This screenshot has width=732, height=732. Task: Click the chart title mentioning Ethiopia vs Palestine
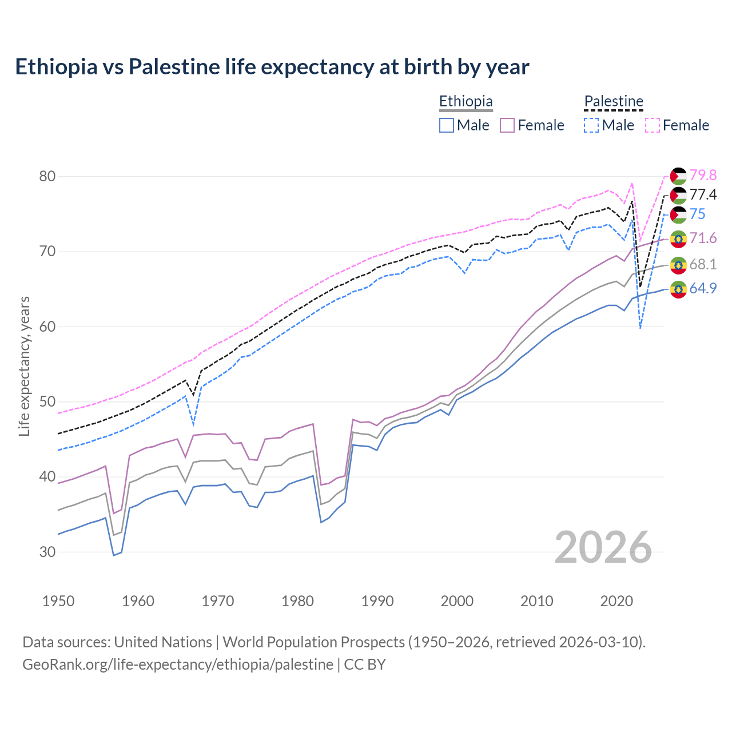click(x=272, y=67)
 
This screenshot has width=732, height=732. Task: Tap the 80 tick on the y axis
click(x=47, y=176)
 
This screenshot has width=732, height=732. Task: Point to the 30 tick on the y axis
click(x=47, y=552)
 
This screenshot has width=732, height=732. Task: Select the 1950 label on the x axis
click(x=58, y=601)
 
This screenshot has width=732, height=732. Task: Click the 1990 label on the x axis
click(x=377, y=601)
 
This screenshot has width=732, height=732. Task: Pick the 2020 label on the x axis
click(x=616, y=601)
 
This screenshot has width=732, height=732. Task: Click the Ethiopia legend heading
click(x=466, y=101)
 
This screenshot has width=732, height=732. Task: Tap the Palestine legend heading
click(x=614, y=101)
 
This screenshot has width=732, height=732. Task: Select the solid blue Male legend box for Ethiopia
click(x=447, y=125)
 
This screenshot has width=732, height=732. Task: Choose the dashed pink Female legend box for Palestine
click(x=653, y=125)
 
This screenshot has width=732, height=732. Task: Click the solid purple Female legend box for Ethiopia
click(x=507, y=125)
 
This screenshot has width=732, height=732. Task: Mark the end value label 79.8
click(x=703, y=175)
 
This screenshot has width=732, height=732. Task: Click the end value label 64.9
click(x=703, y=288)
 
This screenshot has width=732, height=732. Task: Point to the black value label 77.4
click(x=703, y=195)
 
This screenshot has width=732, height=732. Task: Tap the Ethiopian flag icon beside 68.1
click(x=678, y=265)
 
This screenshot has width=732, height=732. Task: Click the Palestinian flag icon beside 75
click(x=678, y=214)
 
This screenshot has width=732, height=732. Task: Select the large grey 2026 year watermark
click(x=603, y=547)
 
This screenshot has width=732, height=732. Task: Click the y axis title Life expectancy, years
click(x=24, y=366)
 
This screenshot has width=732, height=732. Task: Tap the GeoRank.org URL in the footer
click(x=178, y=665)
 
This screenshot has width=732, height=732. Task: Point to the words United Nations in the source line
click(x=163, y=642)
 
